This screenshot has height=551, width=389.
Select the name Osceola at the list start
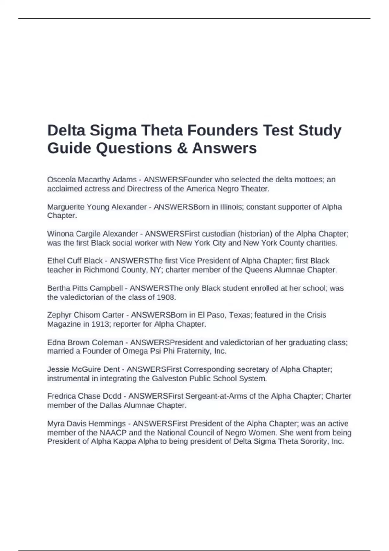tap(62, 180)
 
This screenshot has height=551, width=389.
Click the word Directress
tap(145, 189)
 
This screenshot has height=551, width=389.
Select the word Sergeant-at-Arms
tap(218, 396)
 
